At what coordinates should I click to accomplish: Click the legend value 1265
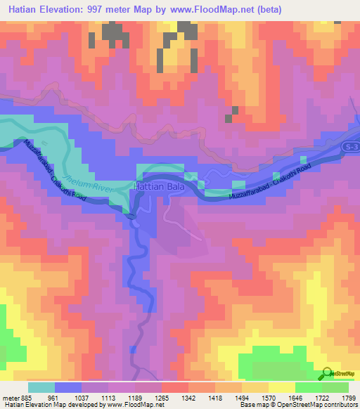click(x=161, y=397)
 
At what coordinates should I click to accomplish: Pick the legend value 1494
click(x=241, y=397)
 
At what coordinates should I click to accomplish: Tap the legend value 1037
click(x=80, y=397)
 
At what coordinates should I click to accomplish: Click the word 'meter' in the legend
click(x=9, y=397)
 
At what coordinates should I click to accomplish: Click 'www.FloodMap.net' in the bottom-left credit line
click(x=131, y=405)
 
